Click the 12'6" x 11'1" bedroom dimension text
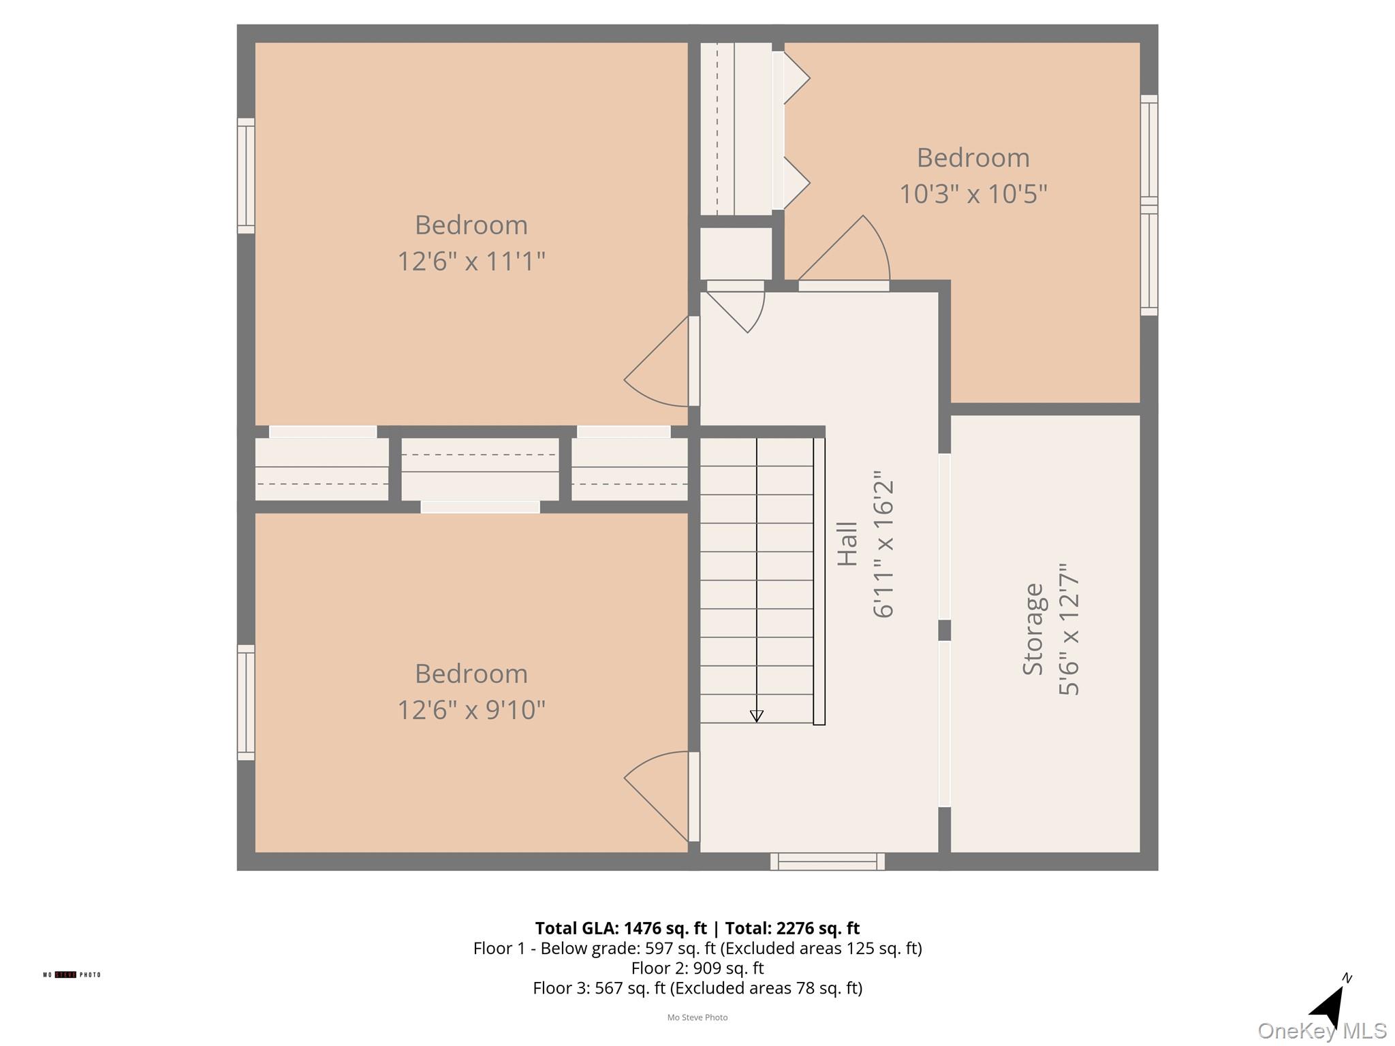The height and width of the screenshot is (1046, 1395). click(471, 261)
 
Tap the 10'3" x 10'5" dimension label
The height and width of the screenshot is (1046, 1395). click(973, 194)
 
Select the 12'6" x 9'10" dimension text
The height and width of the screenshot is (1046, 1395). click(471, 710)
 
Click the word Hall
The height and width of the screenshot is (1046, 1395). click(847, 544)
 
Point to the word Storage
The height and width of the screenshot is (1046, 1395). click(1033, 629)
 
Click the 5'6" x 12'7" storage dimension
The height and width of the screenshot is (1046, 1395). click(1069, 629)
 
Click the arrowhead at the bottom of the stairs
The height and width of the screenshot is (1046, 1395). click(756, 716)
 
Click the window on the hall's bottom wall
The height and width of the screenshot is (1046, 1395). click(828, 861)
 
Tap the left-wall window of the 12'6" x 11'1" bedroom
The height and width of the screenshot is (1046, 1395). click(246, 176)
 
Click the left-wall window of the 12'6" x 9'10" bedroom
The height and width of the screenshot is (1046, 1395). click(246, 702)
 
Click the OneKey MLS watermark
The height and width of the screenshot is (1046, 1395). click(1321, 1031)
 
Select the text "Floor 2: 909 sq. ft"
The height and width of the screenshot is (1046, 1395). click(697, 968)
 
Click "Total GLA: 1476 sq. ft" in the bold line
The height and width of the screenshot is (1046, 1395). click(621, 928)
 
